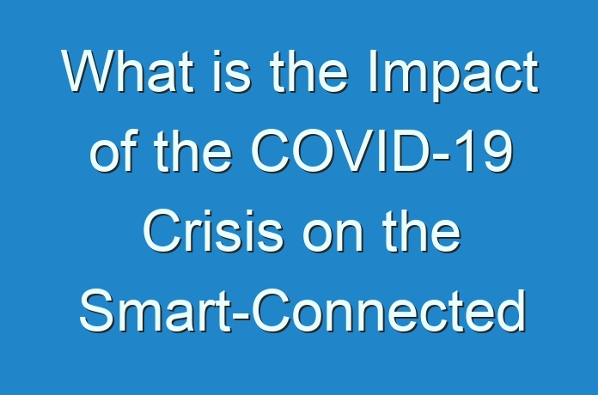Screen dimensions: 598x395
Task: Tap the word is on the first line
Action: pos(231,71)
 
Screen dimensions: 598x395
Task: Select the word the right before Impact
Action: pos(308,71)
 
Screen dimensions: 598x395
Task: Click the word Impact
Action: pos(452,76)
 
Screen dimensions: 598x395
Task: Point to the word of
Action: pos(112,151)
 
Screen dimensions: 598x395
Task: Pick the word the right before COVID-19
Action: pos(192,151)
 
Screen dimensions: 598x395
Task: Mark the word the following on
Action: pos(422,231)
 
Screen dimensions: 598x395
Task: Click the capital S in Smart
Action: pos(97,310)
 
